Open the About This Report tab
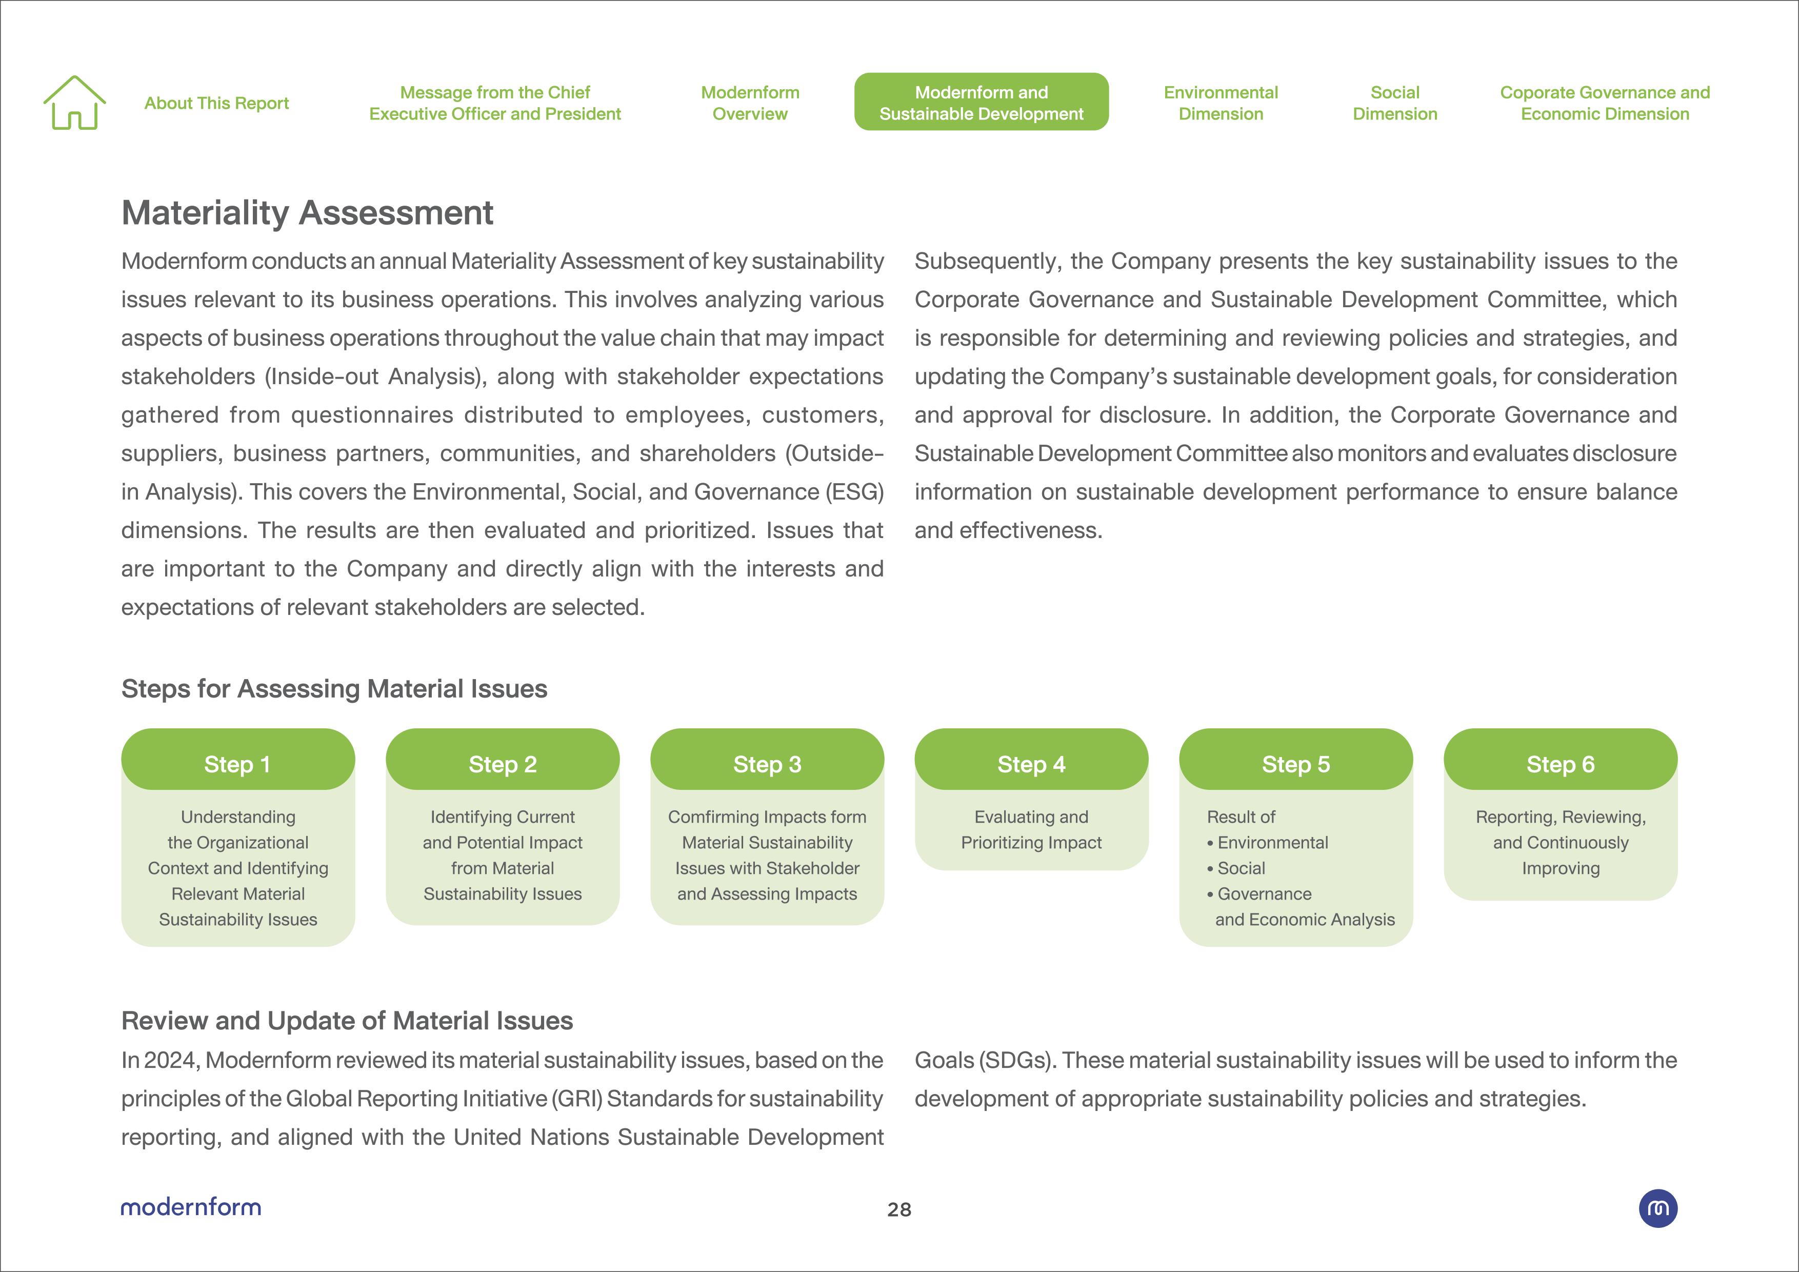216,104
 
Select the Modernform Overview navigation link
750,103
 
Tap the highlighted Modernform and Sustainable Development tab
981,102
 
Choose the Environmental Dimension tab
1220,103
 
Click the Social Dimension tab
1395,103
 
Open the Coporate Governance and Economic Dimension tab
1605,103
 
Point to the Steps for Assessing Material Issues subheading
334,689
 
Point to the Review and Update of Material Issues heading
347,1021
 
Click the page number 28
898,1209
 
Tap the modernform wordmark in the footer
191,1207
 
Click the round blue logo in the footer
1658,1208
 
